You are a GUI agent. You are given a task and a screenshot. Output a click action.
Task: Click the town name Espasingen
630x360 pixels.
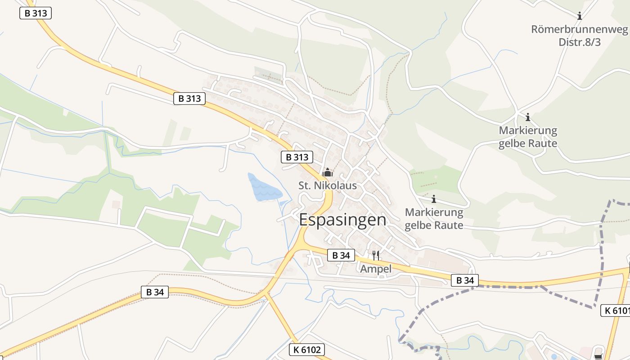(342, 220)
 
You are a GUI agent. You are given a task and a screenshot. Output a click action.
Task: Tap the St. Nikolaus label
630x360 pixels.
(328, 185)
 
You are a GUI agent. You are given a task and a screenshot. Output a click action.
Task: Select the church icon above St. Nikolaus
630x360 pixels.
(328, 172)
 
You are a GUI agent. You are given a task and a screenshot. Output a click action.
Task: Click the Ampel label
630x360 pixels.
(376, 269)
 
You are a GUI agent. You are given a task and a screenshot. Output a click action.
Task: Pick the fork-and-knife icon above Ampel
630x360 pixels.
(376, 256)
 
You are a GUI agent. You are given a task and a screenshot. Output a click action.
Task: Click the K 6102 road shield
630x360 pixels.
(306, 350)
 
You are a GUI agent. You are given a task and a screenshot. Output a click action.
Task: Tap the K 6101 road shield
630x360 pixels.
(615, 310)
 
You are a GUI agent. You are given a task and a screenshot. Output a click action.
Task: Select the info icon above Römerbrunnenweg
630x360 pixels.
(580, 16)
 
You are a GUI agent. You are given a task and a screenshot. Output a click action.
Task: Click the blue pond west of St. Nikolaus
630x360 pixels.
(264, 188)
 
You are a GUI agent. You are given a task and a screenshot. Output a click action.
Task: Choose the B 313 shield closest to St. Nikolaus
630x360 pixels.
(297, 157)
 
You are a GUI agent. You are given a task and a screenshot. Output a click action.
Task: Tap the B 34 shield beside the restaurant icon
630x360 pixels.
(341, 255)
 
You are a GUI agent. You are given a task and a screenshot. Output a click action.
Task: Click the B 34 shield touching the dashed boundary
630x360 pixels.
(465, 280)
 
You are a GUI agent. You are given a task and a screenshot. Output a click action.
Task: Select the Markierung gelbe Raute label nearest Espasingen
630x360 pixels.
(434, 218)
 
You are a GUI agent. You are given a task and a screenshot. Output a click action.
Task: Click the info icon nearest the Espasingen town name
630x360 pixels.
(434, 199)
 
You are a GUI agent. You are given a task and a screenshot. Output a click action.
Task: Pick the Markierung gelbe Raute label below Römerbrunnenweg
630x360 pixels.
(528, 137)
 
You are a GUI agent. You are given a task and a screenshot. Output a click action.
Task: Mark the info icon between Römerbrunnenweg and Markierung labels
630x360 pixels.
(528, 118)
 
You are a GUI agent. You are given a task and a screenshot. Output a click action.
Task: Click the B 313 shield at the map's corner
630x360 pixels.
(36, 13)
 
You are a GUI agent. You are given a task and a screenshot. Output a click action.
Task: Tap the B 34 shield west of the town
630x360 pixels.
(155, 292)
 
